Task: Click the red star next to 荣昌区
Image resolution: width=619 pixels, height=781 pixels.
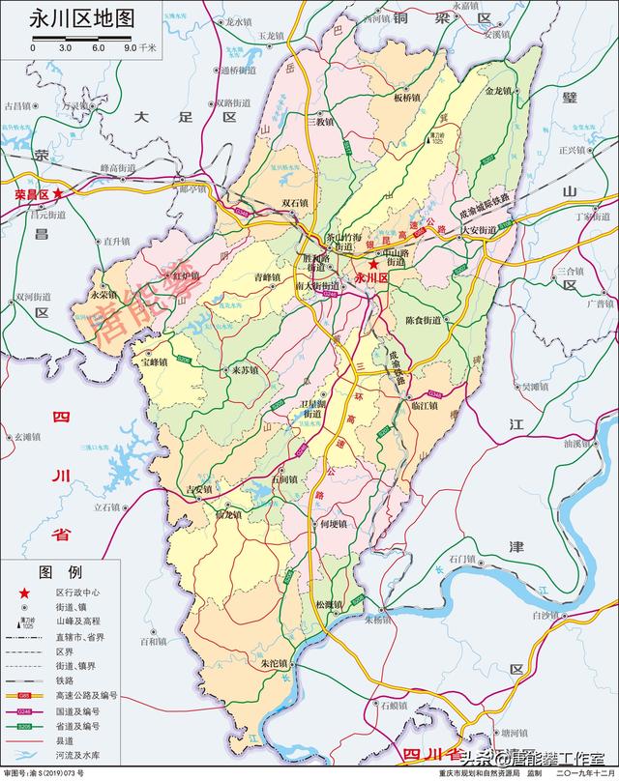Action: click(x=59, y=194)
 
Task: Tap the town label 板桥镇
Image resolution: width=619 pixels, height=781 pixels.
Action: click(x=407, y=99)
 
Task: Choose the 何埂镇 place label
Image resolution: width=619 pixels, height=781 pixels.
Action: click(x=332, y=524)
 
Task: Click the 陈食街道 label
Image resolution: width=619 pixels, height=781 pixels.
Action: click(x=423, y=320)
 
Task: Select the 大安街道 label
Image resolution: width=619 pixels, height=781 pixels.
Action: click(x=479, y=230)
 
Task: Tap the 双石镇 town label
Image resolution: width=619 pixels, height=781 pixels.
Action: click(x=294, y=203)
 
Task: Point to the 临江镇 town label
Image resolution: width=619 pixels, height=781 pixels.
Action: click(x=423, y=407)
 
